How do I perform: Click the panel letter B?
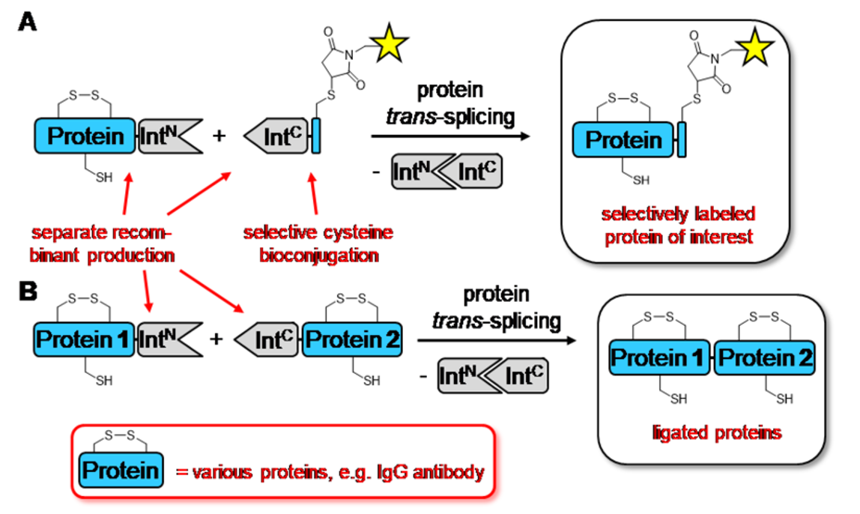coord(28,291)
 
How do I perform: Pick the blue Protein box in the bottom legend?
coord(121,471)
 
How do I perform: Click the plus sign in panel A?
coord(219,136)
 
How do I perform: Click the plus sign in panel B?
coord(216,339)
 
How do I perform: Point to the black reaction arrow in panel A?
coord(449,136)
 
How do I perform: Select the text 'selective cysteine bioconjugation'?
coord(318,244)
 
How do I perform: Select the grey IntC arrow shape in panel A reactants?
coord(276,137)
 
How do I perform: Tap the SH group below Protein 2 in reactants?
coord(370,380)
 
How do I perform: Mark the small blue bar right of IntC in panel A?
coord(316,137)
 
